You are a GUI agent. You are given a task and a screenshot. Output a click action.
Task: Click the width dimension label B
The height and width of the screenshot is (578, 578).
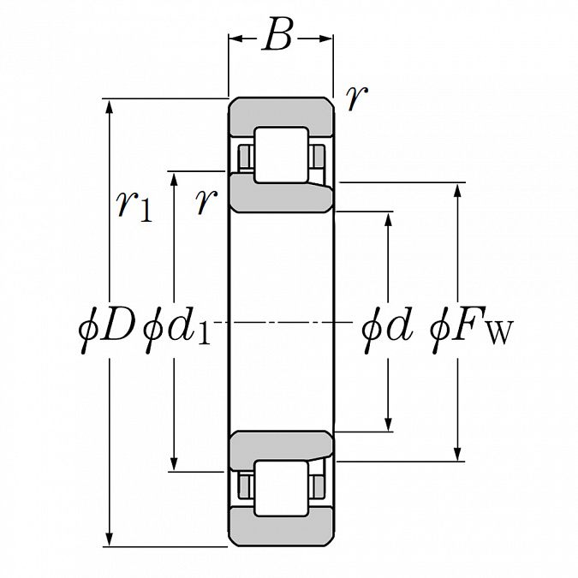click(x=278, y=34)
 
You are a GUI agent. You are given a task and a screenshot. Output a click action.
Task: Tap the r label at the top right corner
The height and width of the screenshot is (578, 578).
click(x=357, y=98)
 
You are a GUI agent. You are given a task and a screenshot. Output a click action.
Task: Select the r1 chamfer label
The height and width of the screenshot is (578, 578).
click(x=134, y=206)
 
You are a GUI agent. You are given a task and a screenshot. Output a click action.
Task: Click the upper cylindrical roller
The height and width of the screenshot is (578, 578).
click(x=281, y=155)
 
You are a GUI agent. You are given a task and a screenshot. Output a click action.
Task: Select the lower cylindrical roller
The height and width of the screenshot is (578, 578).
click(x=281, y=488)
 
